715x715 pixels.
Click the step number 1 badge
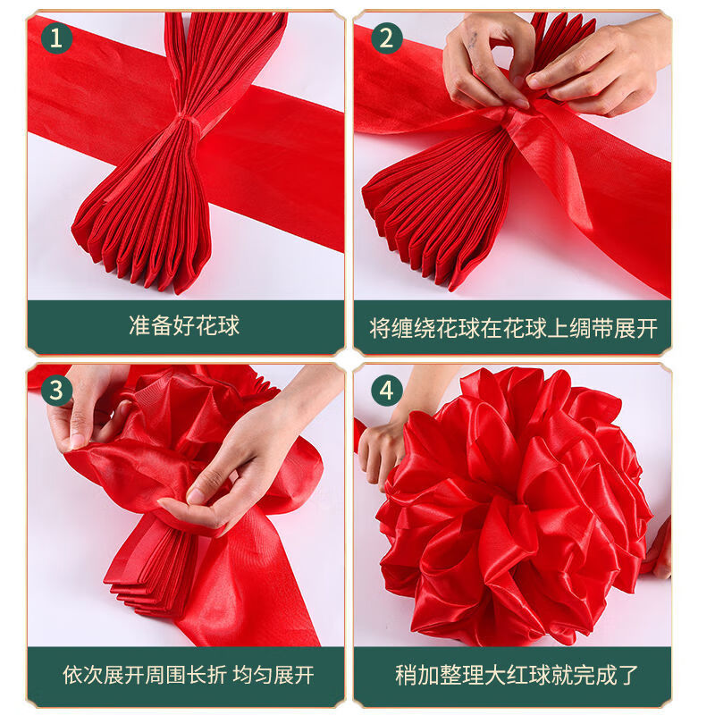coord(57,38)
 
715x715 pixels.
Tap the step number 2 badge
coord(386,38)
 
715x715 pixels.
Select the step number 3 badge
coord(57,391)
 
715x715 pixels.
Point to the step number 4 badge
coord(386,391)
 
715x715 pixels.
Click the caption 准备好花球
coord(184,325)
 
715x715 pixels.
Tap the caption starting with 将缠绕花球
coord(513,328)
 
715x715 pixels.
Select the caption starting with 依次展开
coord(188,675)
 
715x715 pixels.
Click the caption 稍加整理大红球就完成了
coord(517,675)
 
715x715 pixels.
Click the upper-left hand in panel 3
coord(85,407)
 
